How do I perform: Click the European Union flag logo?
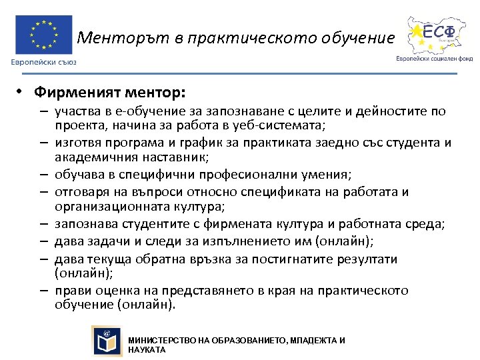[x=44, y=35]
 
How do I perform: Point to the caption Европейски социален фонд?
[x=434, y=58]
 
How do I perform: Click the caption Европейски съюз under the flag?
[x=43, y=62]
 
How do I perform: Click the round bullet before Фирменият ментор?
[x=22, y=90]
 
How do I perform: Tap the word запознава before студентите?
[x=87, y=225]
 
